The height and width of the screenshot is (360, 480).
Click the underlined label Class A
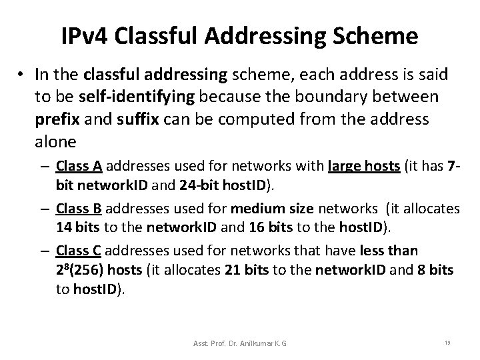(79, 166)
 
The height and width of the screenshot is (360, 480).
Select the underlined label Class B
(79, 209)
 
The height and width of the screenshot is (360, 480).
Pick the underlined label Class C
(79, 251)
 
